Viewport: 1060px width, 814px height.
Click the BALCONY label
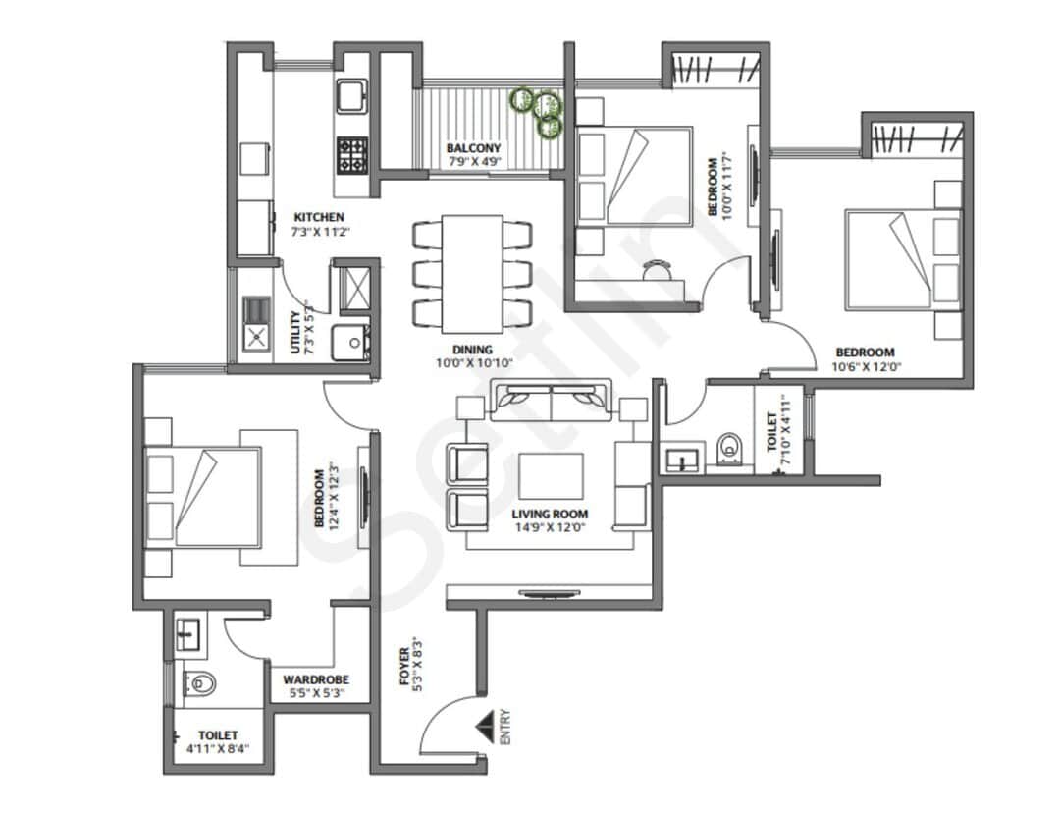(473, 148)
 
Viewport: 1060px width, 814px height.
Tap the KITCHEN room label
(318, 217)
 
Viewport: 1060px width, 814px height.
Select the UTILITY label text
(295, 334)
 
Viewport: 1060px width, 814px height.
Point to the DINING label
(472, 349)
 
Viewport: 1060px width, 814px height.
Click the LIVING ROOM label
(550, 514)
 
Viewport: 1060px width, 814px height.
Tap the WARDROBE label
(316, 679)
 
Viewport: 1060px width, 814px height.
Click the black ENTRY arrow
(484, 728)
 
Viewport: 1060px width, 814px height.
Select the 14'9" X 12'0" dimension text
(550, 527)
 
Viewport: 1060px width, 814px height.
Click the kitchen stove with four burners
(352, 153)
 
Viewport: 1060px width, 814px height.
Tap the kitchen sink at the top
(351, 97)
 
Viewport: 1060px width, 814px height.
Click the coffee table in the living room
(551, 475)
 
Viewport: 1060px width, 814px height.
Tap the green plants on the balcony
(537, 109)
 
